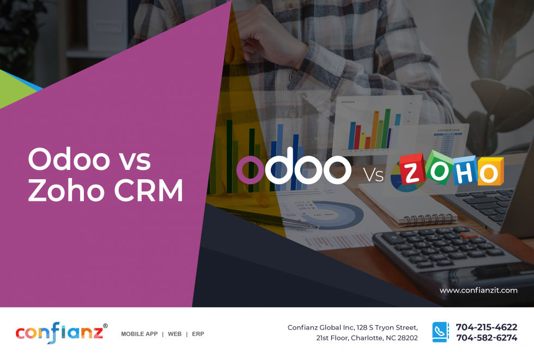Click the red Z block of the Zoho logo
coord(414,171)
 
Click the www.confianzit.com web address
coord(478,290)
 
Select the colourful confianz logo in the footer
coord(59,332)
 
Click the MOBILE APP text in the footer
coord(139,334)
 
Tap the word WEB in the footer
coord(174,334)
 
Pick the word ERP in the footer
coord(198,334)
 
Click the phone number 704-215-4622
coord(486,327)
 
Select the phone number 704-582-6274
coord(486,338)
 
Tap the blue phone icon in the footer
coord(440,332)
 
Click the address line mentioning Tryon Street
coord(353,327)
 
